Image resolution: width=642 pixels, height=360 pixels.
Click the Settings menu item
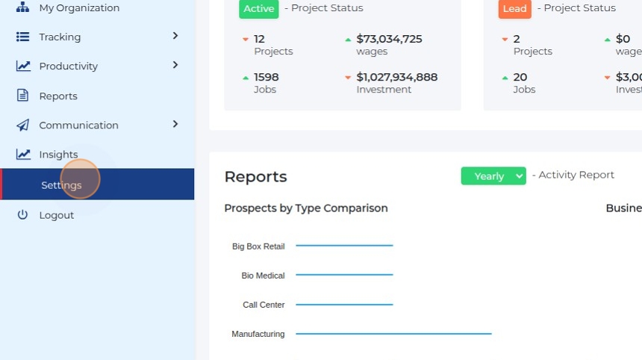pyautogui.click(x=61, y=185)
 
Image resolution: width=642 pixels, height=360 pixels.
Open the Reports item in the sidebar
pyautogui.click(x=58, y=96)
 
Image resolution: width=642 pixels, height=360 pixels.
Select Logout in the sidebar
pyautogui.click(x=56, y=215)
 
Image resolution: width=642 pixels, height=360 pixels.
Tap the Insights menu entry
pyautogui.click(x=58, y=155)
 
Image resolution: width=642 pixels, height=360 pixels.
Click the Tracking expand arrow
pyautogui.click(x=175, y=36)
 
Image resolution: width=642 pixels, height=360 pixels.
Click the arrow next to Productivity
pyautogui.click(x=175, y=65)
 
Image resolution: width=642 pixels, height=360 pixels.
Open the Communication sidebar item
pyautogui.click(x=78, y=125)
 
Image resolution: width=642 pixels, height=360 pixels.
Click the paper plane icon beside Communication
pyautogui.click(x=23, y=125)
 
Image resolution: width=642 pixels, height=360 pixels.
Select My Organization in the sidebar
pyautogui.click(x=78, y=8)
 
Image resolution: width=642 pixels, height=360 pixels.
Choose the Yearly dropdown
pyautogui.click(x=493, y=176)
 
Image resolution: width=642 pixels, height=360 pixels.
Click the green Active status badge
pyautogui.click(x=258, y=9)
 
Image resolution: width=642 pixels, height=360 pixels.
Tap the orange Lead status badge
pyautogui.click(x=514, y=9)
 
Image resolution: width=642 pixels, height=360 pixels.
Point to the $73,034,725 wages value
pyautogui.click(x=389, y=39)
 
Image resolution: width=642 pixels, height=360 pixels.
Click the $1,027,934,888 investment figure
pyautogui.click(x=396, y=77)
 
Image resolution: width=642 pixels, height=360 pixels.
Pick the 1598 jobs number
pyautogui.click(x=266, y=77)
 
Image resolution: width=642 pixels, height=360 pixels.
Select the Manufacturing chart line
pyautogui.click(x=393, y=334)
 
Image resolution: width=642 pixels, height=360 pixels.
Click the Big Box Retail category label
pyautogui.click(x=258, y=246)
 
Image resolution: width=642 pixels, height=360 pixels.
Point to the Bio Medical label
pyautogui.click(x=263, y=276)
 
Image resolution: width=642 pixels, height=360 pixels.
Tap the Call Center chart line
pyautogui.click(x=344, y=305)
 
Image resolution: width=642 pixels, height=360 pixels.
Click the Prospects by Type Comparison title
pyautogui.click(x=306, y=208)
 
